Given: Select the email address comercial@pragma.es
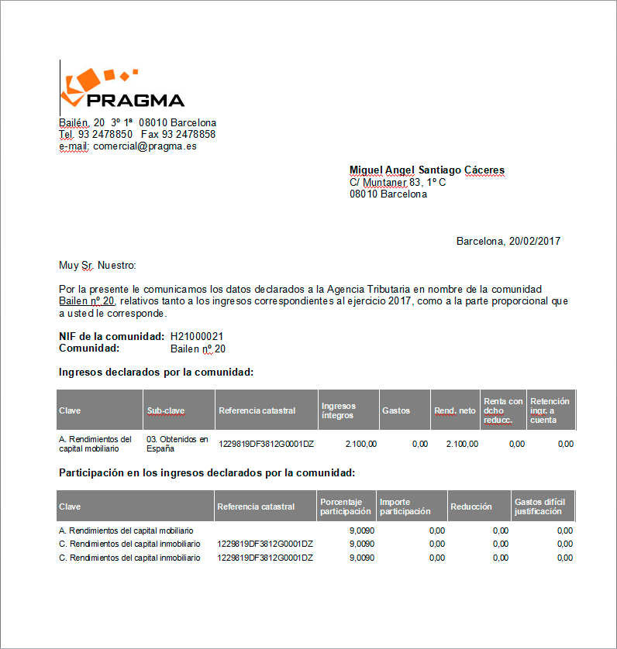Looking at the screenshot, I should coord(144,146).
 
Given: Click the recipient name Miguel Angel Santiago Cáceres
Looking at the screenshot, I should coord(427,170).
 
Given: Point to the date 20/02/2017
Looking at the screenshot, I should coord(534,241).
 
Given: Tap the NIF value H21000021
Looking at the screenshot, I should coord(198,337).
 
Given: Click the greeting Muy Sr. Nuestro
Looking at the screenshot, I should coord(98,266).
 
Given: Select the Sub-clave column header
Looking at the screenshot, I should coord(166,410).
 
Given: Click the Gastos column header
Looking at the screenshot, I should coord(396,410).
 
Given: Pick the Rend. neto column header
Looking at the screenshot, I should coord(455,410).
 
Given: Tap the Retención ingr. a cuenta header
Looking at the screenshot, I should coord(550,410).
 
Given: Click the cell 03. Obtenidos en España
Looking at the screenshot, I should coord(178,444).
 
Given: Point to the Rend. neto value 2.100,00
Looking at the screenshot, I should coord(462,444).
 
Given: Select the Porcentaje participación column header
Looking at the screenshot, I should coord(346,506).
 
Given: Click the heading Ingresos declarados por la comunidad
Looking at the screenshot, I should coord(157,373).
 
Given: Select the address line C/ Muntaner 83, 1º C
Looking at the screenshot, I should coord(398,182).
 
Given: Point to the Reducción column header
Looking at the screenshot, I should coord(471,506).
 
